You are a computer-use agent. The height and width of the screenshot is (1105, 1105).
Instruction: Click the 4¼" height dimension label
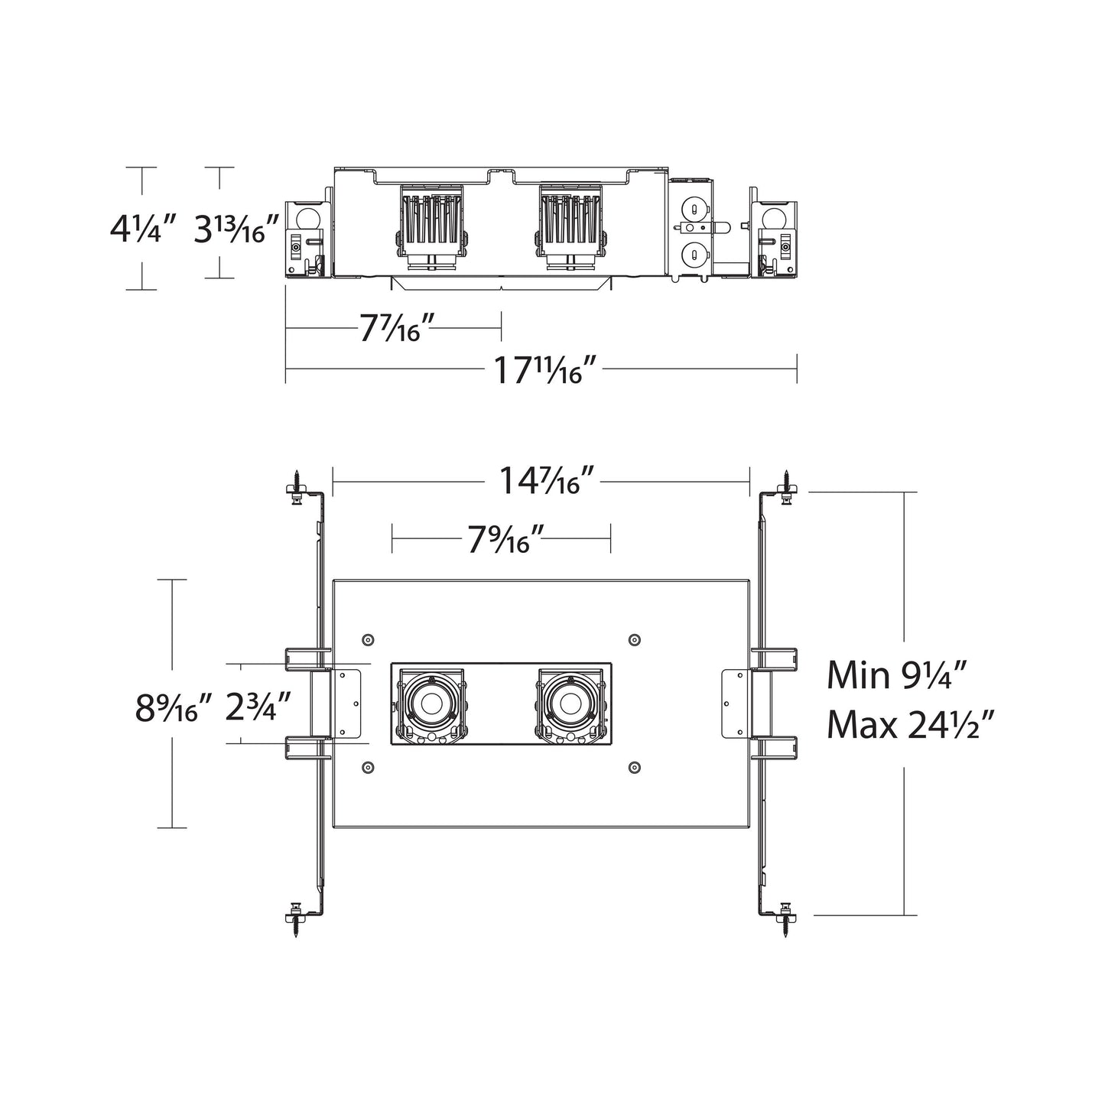143,229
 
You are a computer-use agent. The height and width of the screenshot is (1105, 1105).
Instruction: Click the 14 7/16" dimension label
547,482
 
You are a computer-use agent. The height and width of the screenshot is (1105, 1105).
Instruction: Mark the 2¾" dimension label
258,709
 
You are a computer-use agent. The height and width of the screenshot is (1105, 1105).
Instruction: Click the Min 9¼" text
898,676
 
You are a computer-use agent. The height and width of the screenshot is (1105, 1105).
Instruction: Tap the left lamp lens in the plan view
428,702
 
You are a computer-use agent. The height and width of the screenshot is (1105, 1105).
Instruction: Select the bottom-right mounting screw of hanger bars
787,914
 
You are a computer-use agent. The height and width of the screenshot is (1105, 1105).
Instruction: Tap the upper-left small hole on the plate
368,639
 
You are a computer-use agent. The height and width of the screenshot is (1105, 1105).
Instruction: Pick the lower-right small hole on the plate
633,766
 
